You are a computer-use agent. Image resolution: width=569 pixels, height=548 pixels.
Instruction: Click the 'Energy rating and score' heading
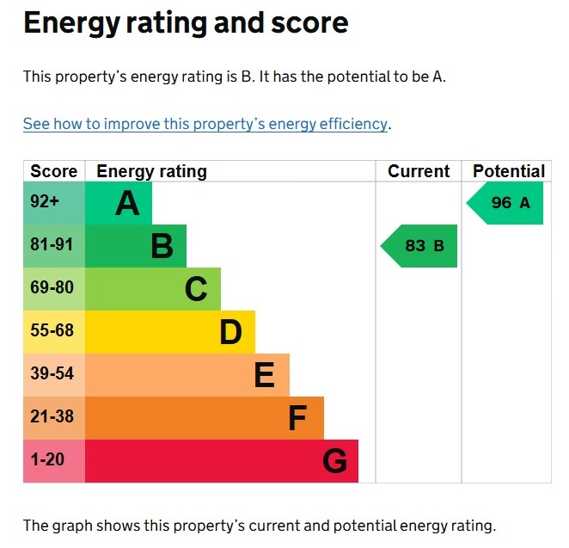(x=186, y=23)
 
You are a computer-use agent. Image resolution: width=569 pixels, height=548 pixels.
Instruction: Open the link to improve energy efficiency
(x=205, y=124)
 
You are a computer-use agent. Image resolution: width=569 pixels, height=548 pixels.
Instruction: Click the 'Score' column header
(x=53, y=171)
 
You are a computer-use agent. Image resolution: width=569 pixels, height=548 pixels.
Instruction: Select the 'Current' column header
(x=419, y=171)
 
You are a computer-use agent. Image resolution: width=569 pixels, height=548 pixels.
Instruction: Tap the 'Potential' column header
(x=508, y=171)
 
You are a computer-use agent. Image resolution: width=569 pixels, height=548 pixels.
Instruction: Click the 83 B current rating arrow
(x=420, y=246)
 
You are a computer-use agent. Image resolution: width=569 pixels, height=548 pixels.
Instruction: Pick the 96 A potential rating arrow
(x=506, y=203)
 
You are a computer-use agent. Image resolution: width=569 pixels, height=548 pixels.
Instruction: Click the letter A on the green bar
(x=127, y=204)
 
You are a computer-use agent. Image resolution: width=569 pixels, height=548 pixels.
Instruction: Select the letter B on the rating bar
(x=162, y=247)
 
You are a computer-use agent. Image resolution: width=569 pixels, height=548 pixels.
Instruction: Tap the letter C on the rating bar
(x=196, y=290)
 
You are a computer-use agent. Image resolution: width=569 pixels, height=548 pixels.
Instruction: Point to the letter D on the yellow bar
(x=230, y=333)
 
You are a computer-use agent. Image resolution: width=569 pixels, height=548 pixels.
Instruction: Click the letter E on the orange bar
(x=264, y=376)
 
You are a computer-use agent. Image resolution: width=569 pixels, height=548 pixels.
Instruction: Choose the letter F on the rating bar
(x=297, y=419)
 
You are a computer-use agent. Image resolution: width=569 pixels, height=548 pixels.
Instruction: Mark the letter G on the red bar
(x=334, y=462)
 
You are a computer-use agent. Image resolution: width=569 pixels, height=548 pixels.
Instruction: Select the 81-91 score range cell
(x=53, y=245)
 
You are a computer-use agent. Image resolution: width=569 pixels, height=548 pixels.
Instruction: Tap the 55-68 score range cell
(x=53, y=331)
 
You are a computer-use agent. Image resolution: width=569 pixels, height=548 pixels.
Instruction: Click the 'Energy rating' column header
(x=151, y=171)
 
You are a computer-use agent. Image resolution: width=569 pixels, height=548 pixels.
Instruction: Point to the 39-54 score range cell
(x=53, y=374)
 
